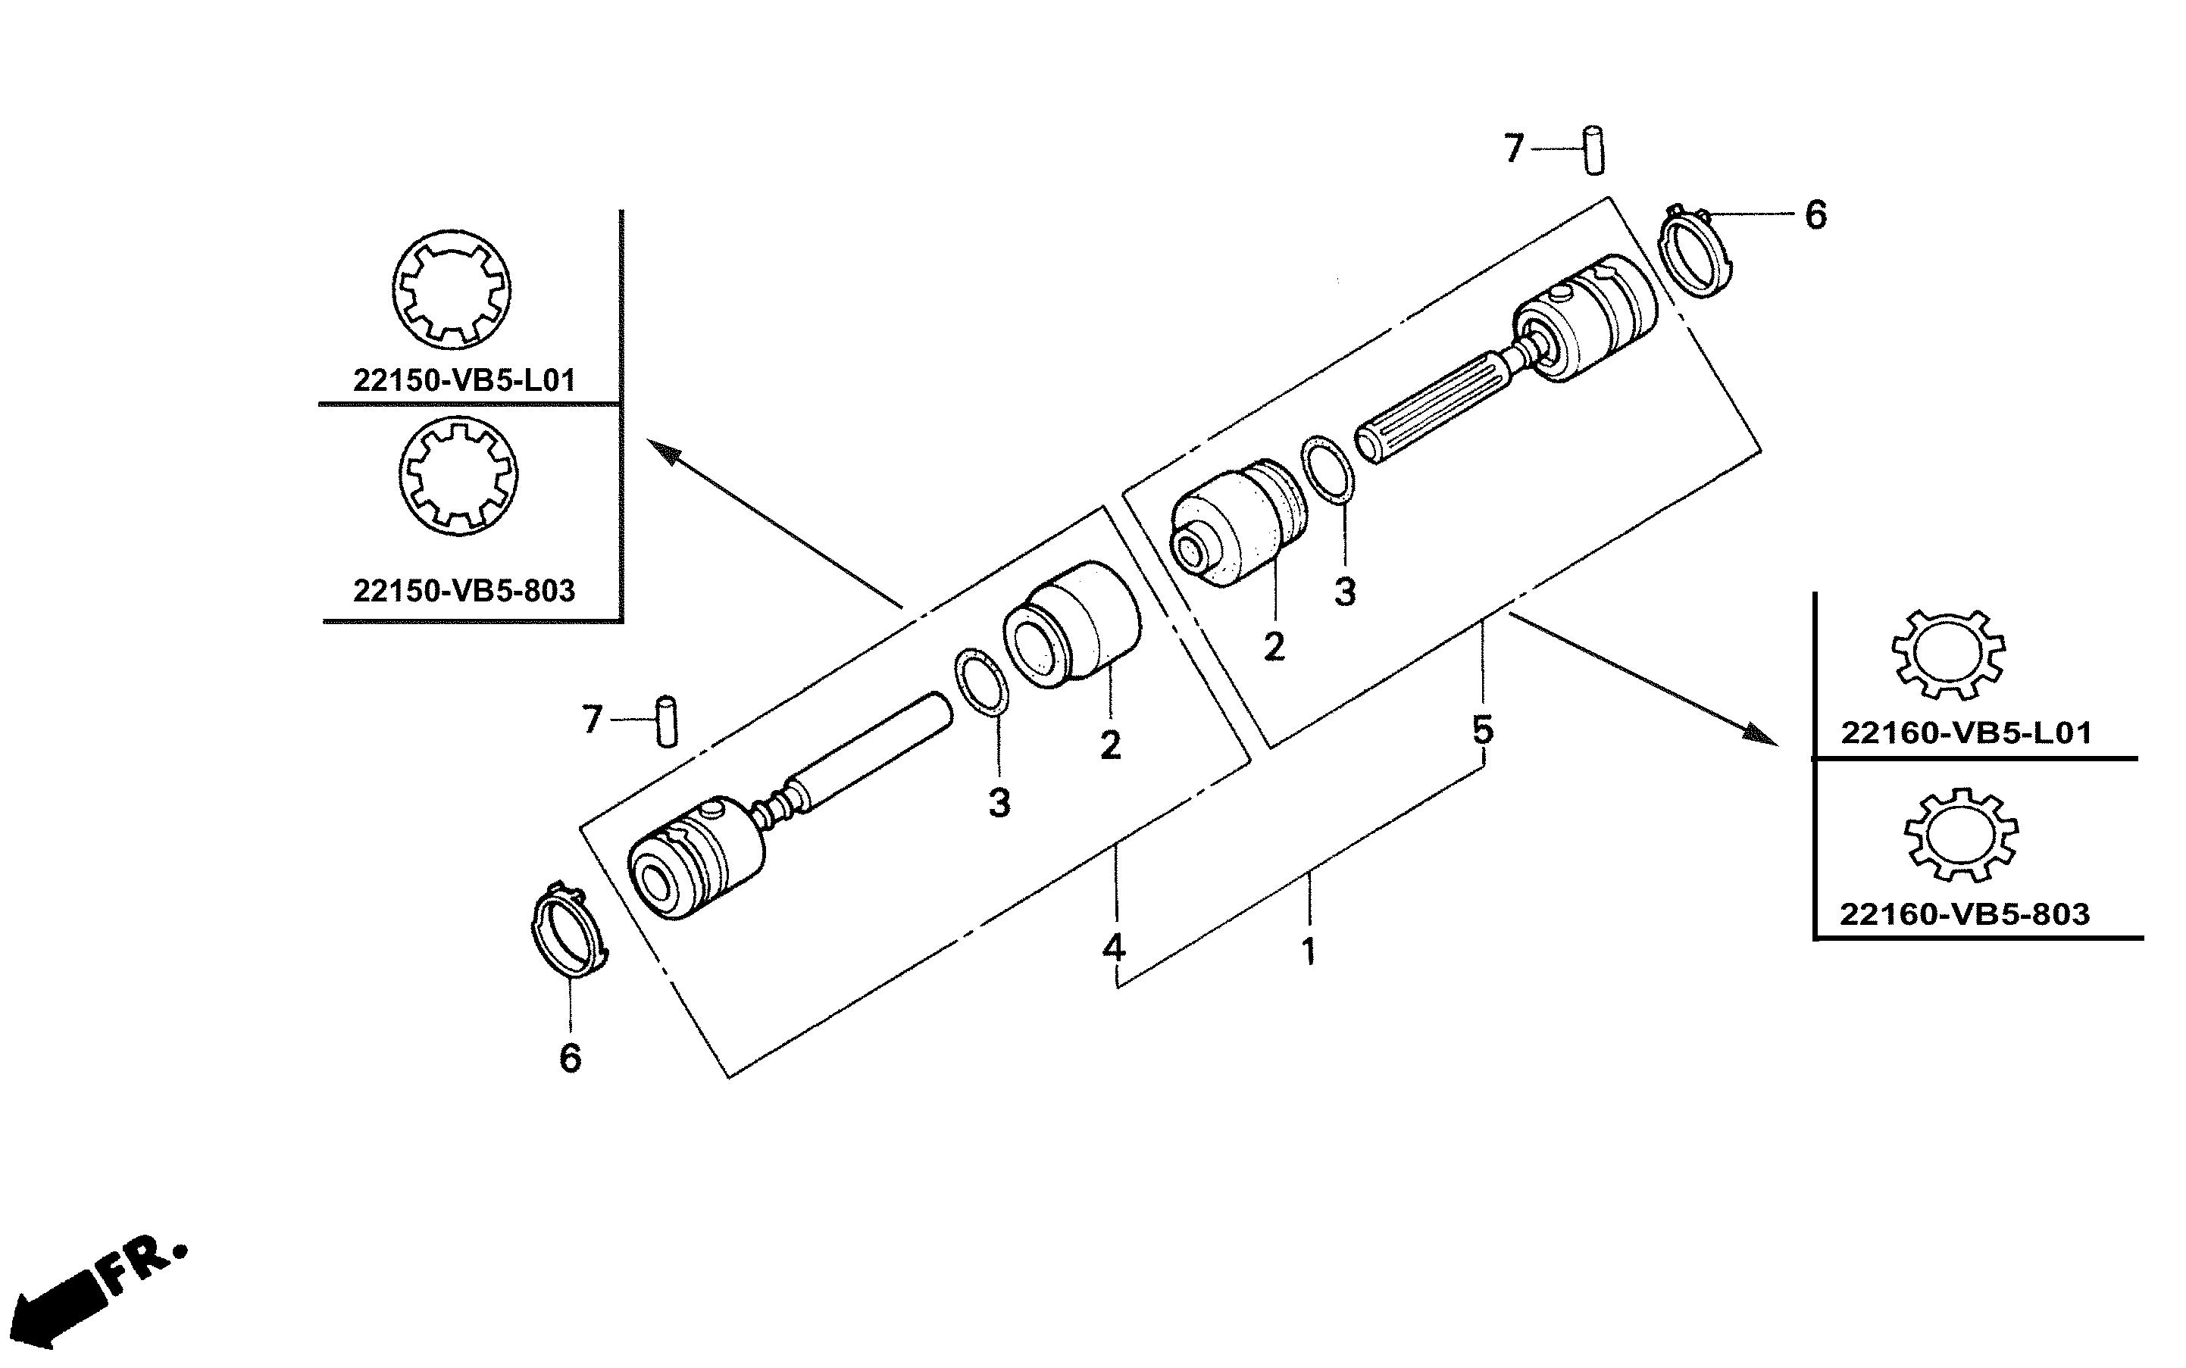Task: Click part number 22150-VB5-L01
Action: pos(464,381)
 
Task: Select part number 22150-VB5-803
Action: pos(464,591)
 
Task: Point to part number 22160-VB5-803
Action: pos(1964,914)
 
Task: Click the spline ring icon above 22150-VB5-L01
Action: pos(452,289)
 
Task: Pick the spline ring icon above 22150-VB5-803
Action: pos(458,475)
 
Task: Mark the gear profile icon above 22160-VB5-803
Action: pos(1961,833)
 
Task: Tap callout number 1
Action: pos(1309,952)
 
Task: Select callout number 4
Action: pos(1114,948)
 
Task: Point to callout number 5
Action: pos(1482,729)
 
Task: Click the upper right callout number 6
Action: pos(1815,215)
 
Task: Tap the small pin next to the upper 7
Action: pos(1594,151)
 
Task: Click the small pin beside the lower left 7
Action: pos(667,721)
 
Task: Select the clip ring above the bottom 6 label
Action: pos(568,932)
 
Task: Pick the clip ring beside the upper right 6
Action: pos(1697,251)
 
